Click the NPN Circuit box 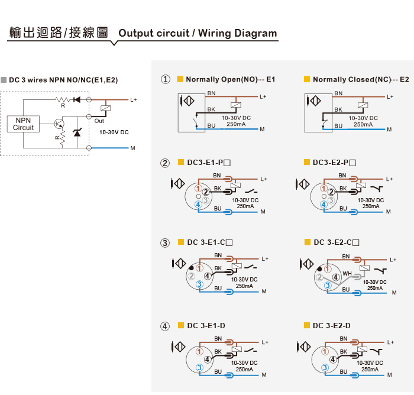[x=23, y=124]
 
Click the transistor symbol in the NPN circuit [x=59, y=124]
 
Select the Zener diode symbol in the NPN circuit [x=77, y=132]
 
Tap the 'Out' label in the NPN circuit [x=99, y=121]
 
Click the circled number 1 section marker [x=165, y=79]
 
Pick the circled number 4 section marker [x=165, y=326]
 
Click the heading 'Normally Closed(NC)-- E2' [x=361, y=79]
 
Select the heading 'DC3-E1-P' [x=209, y=163]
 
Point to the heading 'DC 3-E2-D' [x=332, y=326]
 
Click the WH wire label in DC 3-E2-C [x=347, y=274]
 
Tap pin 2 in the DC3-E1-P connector [x=205, y=192]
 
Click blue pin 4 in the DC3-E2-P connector [x=324, y=204]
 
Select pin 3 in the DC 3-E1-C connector [x=199, y=284]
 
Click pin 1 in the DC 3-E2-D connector [x=325, y=352]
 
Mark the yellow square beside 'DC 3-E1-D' [x=181, y=325]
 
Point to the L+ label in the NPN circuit [x=133, y=100]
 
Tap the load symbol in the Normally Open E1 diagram [x=236, y=105]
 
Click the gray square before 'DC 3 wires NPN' [x=4, y=80]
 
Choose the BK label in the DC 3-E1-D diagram [x=218, y=351]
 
